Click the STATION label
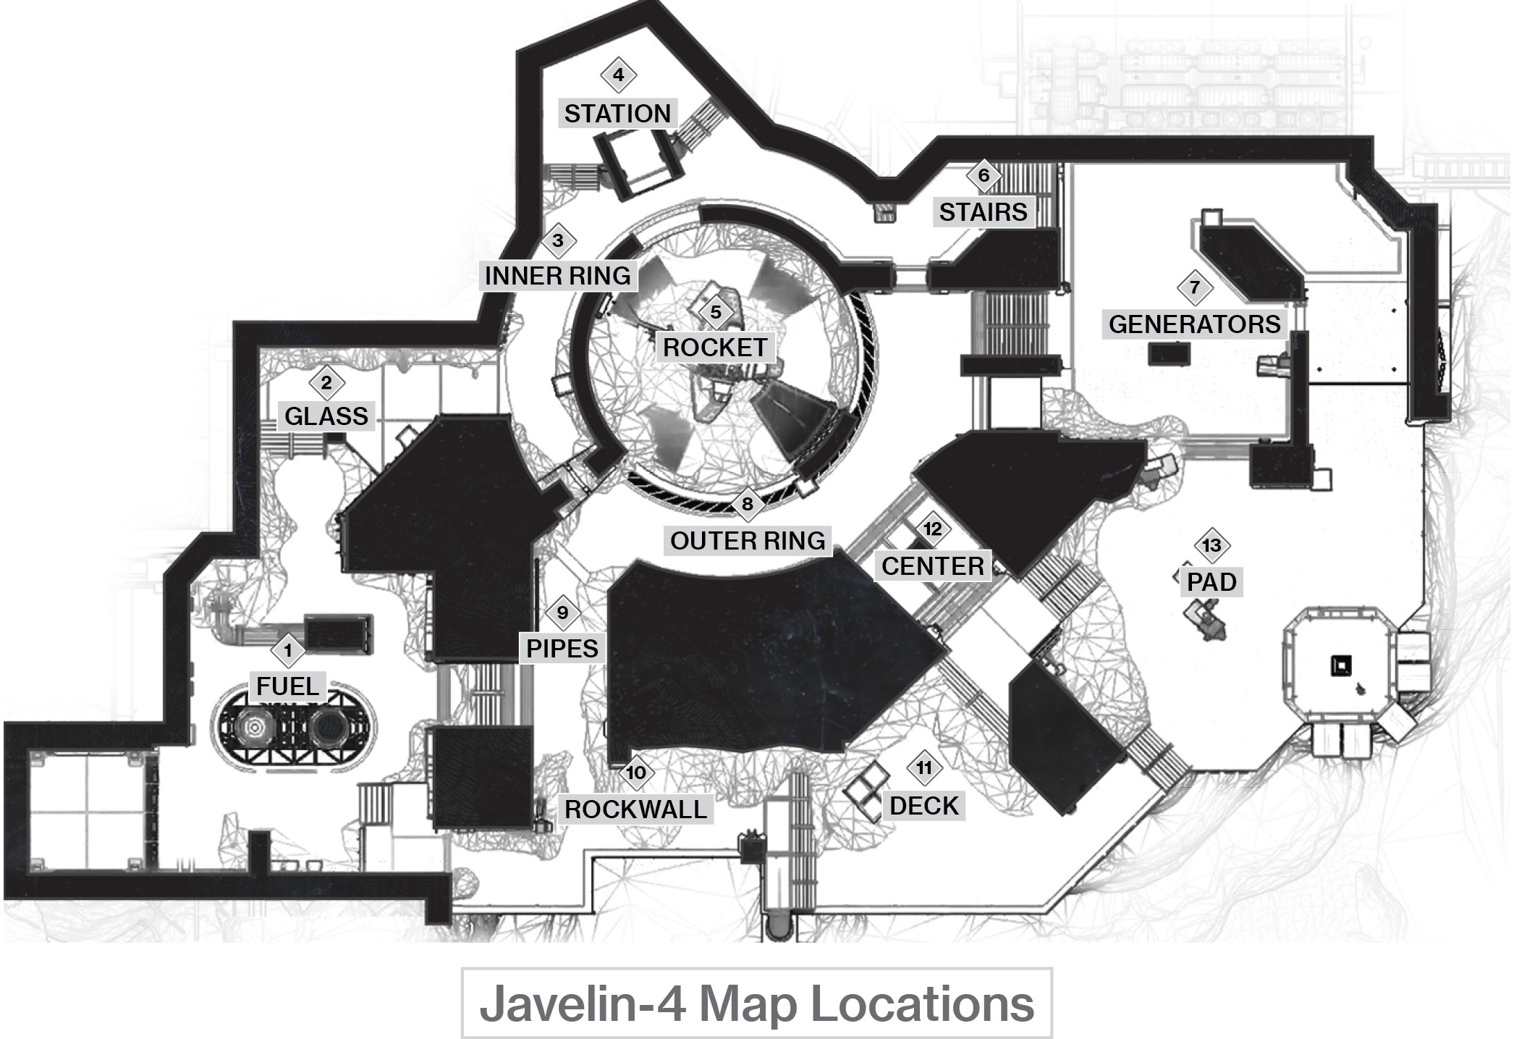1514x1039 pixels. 617,114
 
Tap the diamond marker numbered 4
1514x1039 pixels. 618,75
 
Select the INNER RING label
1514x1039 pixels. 558,276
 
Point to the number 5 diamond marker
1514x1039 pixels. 716,312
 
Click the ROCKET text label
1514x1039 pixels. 715,348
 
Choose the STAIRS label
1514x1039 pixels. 984,212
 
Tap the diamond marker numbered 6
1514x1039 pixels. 984,175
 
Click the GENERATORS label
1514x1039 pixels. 1195,324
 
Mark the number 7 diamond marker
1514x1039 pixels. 1195,287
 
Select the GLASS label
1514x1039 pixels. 326,416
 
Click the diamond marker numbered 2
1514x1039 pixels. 326,383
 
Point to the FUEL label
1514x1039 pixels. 288,686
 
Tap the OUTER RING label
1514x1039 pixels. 748,541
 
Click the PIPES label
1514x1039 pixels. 562,649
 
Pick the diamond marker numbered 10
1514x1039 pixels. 636,773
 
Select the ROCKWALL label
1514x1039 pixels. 636,809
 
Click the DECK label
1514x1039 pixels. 924,806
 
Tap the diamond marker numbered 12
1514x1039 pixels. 932,529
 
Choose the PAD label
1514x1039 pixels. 1211,582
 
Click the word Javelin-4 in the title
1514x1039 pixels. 582,1004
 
